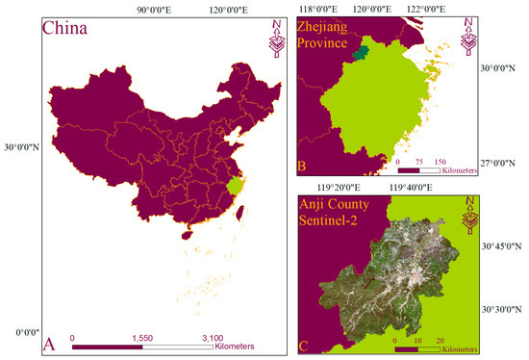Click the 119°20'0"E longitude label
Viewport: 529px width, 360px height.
click(333, 188)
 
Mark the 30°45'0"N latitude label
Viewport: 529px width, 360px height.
click(503, 247)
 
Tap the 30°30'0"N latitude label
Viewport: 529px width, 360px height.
click(503, 308)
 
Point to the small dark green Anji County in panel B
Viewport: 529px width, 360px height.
click(361, 54)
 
